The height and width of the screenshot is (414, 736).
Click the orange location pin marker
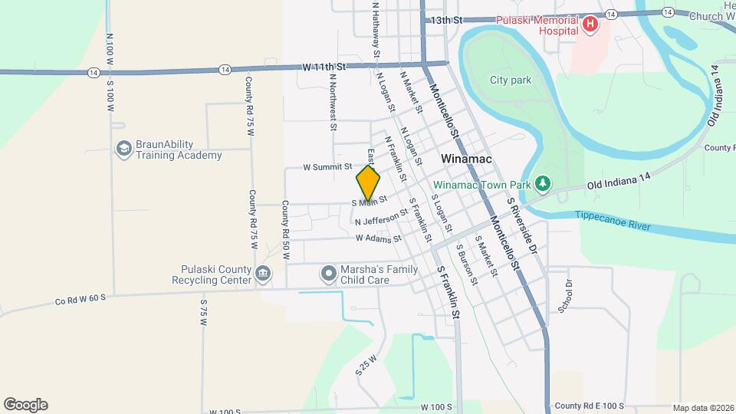coord(368,183)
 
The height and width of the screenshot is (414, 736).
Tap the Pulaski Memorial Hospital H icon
coord(590,25)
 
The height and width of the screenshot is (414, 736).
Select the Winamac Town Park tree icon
coord(543,184)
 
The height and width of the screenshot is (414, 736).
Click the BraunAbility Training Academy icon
coord(123,149)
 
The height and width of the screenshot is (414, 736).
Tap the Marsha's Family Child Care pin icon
coord(328,273)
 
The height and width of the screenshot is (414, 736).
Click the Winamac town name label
coord(467,159)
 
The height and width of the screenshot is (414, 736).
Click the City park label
coord(511,80)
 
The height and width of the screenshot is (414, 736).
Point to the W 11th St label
coord(324,67)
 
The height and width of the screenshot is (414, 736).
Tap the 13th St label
coord(447,20)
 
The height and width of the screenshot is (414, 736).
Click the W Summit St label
coord(327,166)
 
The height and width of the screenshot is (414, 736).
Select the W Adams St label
coord(378,238)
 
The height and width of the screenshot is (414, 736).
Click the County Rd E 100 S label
coord(590,406)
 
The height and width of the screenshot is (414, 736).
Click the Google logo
coord(25,405)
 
